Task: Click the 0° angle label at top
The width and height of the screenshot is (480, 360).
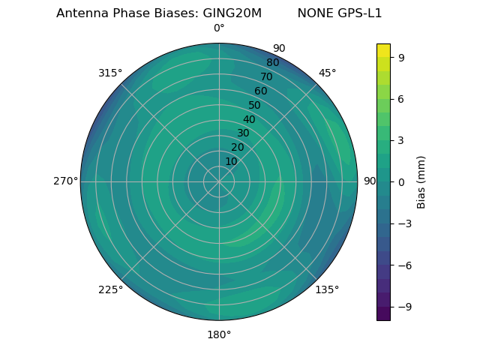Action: point(219,28)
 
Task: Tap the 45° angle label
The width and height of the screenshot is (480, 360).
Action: point(327,73)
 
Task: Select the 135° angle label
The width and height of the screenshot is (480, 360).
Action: point(327,289)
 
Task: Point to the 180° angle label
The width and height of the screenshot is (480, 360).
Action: point(219,334)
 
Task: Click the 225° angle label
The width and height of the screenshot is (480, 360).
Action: point(110,289)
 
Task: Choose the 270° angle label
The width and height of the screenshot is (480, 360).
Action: point(65,181)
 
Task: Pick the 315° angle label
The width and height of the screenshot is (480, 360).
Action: point(110,73)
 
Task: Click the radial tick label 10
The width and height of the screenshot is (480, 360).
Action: point(231,161)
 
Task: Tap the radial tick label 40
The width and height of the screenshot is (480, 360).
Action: point(249,119)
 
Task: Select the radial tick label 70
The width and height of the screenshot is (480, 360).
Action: point(266,76)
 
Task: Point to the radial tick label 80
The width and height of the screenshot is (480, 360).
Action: point(272,63)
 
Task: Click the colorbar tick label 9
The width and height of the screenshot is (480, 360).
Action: point(401,56)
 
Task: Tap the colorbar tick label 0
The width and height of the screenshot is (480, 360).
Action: point(401,181)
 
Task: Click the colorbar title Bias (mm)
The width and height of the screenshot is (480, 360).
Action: point(421,181)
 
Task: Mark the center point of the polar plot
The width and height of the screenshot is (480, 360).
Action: point(219,181)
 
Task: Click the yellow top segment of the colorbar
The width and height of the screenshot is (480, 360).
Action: point(383,50)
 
